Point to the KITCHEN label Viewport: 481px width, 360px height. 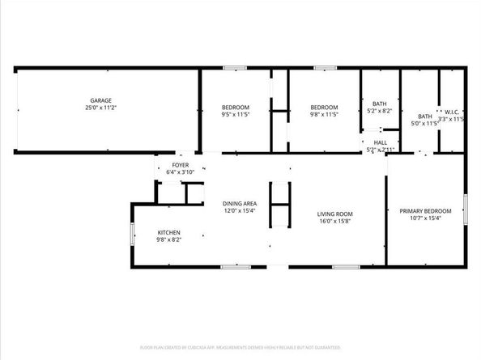point(168,233)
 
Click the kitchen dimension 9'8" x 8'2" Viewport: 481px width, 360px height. point(168,240)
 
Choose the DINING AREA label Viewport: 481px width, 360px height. point(240,203)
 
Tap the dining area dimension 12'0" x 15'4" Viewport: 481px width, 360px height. point(240,210)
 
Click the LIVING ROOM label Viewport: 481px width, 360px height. point(334,214)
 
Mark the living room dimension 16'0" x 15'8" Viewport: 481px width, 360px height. point(334,221)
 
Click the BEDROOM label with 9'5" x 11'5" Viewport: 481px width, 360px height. point(236,108)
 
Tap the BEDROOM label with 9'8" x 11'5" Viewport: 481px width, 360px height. point(324,108)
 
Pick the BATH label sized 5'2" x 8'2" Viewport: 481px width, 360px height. point(380,103)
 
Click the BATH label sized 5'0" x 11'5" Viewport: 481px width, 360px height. point(424,115)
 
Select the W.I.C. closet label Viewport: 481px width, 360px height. point(451,112)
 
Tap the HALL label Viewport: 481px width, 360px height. point(380,142)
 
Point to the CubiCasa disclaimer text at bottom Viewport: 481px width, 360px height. point(240,347)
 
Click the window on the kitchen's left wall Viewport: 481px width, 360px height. point(133,235)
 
